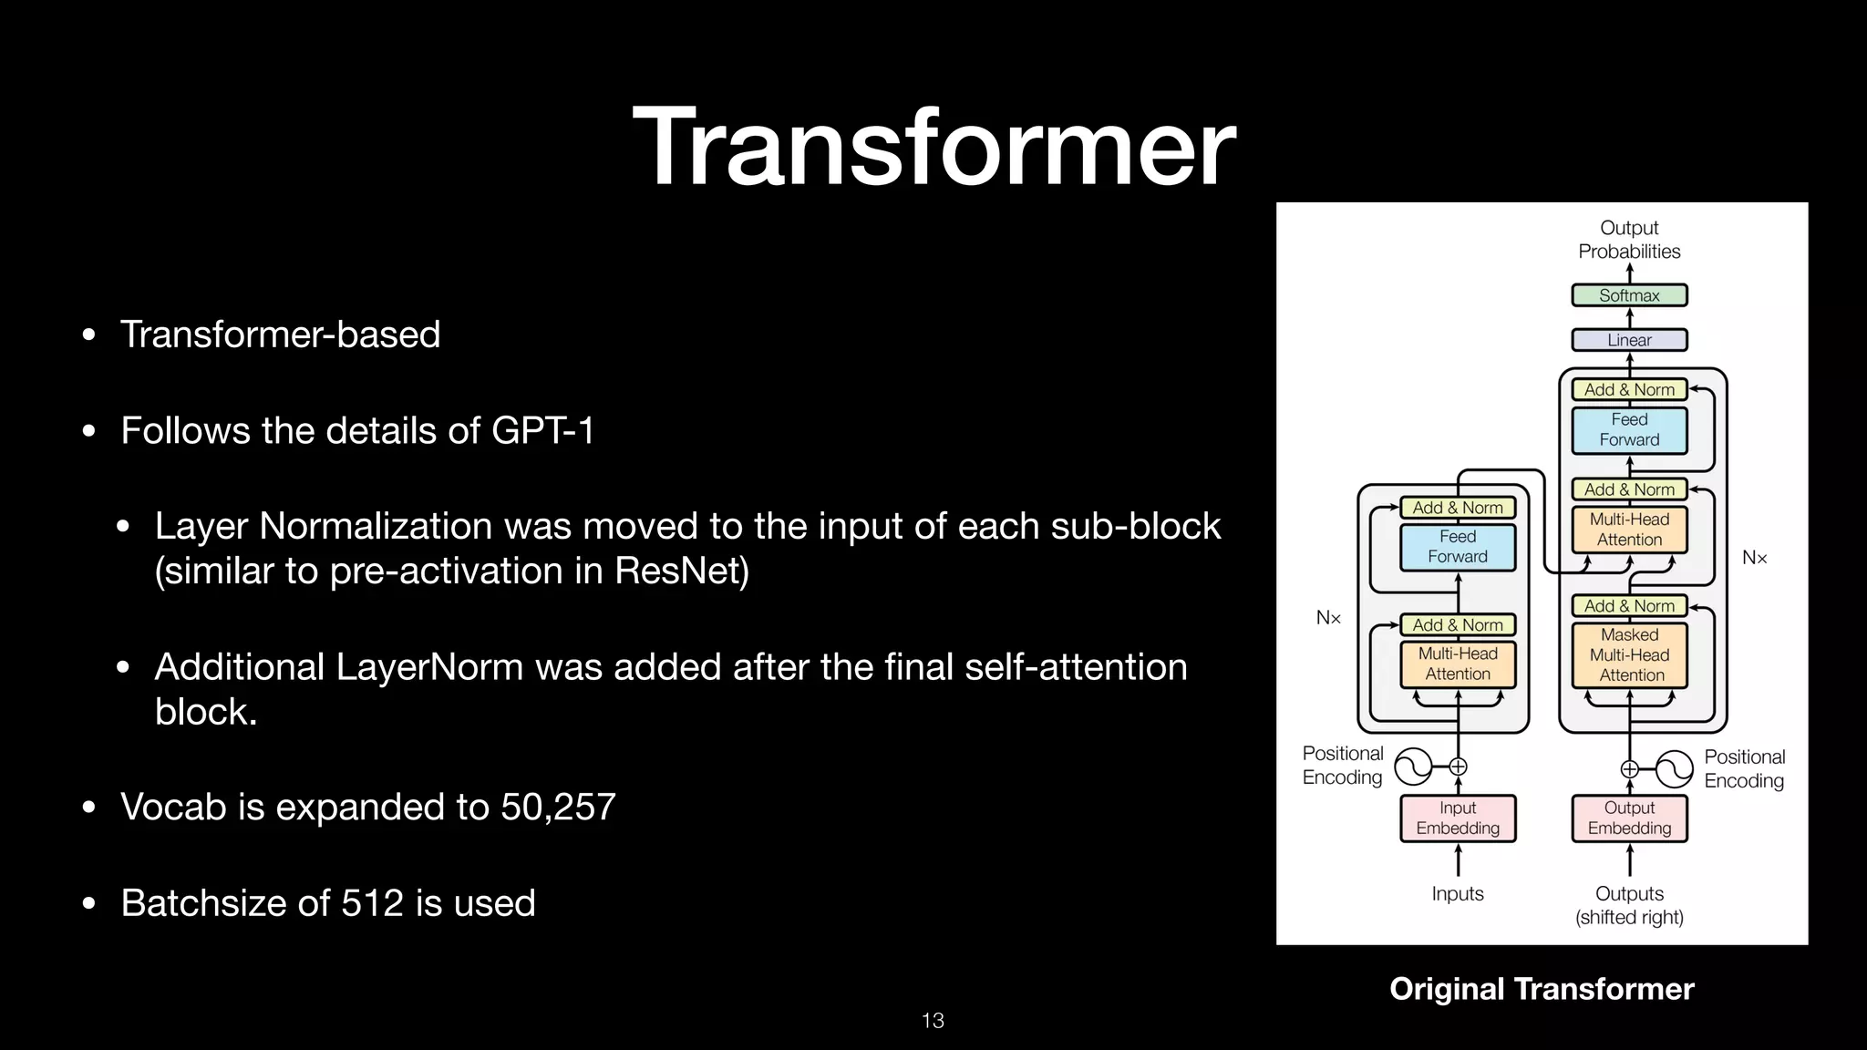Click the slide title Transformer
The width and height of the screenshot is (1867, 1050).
(x=933, y=148)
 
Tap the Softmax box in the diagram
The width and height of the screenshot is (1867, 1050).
(x=1629, y=295)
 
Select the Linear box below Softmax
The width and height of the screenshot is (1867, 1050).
(x=1629, y=340)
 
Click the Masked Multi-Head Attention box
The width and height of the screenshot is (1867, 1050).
(x=1629, y=654)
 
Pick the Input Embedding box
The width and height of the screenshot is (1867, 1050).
(x=1457, y=818)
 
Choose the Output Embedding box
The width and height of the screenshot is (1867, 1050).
(x=1629, y=818)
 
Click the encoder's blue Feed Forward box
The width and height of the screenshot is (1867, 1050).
(x=1457, y=547)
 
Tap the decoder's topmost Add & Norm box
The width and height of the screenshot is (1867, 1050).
(x=1629, y=389)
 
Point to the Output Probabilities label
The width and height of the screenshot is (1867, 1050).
(x=1629, y=240)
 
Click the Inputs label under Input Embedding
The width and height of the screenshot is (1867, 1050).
(x=1457, y=893)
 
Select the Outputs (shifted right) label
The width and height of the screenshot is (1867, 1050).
(x=1629, y=905)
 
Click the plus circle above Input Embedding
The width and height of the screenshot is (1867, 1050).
(x=1458, y=767)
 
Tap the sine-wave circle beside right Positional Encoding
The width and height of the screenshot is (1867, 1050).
(x=1674, y=769)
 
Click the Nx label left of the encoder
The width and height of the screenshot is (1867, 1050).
(x=1328, y=618)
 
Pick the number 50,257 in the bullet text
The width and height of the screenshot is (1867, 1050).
(x=558, y=807)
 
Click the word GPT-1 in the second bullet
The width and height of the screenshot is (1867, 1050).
(x=542, y=430)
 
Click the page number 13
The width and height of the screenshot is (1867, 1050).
(x=933, y=1020)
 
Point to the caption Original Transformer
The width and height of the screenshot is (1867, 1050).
(x=1541, y=989)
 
